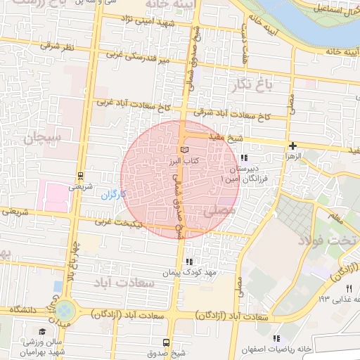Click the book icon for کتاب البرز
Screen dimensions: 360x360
click(x=184, y=150)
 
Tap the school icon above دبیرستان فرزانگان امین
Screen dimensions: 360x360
click(x=244, y=158)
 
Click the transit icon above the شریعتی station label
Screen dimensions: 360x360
click(x=80, y=176)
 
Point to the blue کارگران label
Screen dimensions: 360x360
click(x=113, y=193)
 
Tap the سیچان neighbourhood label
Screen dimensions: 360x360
click(x=42, y=136)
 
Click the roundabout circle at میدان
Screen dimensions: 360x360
click(x=64, y=309)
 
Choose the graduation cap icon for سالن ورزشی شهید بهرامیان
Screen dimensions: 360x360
click(x=42, y=331)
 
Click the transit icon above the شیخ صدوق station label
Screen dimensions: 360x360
click(x=166, y=342)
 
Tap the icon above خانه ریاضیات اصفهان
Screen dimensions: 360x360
click(x=285, y=338)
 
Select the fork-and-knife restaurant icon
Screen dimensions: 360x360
click(x=349, y=288)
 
